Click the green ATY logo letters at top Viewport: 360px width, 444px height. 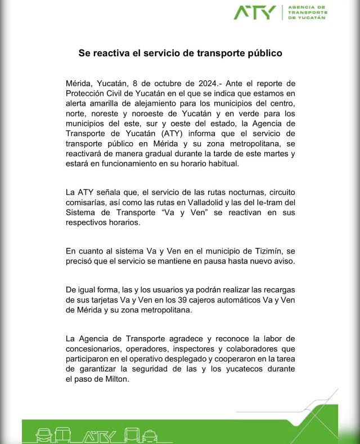coord(254,12)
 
